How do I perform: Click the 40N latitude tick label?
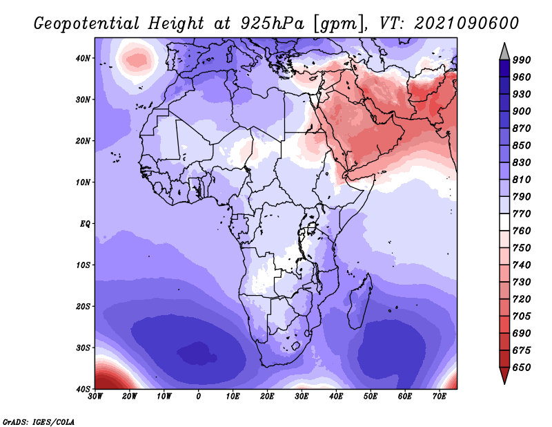pos(83,58)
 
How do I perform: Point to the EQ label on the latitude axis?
pos(85,224)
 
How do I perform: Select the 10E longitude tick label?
pos(233,397)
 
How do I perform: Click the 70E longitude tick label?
pos(440,397)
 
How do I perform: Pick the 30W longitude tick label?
pos(95,397)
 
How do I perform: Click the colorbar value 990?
pos(522,60)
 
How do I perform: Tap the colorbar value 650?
pos(522,368)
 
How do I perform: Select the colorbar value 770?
pos(522,213)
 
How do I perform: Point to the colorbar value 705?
pos(522,316)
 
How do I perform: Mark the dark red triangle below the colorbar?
pos(504,375)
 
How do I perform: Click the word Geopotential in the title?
pos(87,23)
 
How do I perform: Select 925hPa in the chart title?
pos(272,23)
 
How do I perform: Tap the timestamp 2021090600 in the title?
pos(467,23)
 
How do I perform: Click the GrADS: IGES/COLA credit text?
pos(39,422)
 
